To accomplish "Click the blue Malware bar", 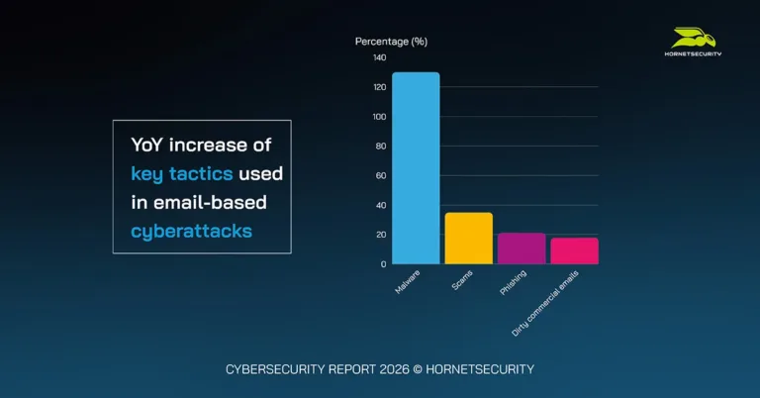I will point(416,168).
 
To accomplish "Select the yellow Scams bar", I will point(468,239).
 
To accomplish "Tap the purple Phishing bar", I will point(522,249).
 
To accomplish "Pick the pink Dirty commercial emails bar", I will point(574,251).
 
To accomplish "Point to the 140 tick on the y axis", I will point(379,57).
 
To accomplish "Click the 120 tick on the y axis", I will point(379,87).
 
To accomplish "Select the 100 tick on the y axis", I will point(379,117).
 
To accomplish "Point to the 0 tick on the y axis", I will point(383,264).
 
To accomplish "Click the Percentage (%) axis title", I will point(391,42).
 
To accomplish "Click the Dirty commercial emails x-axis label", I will point(545,303).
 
